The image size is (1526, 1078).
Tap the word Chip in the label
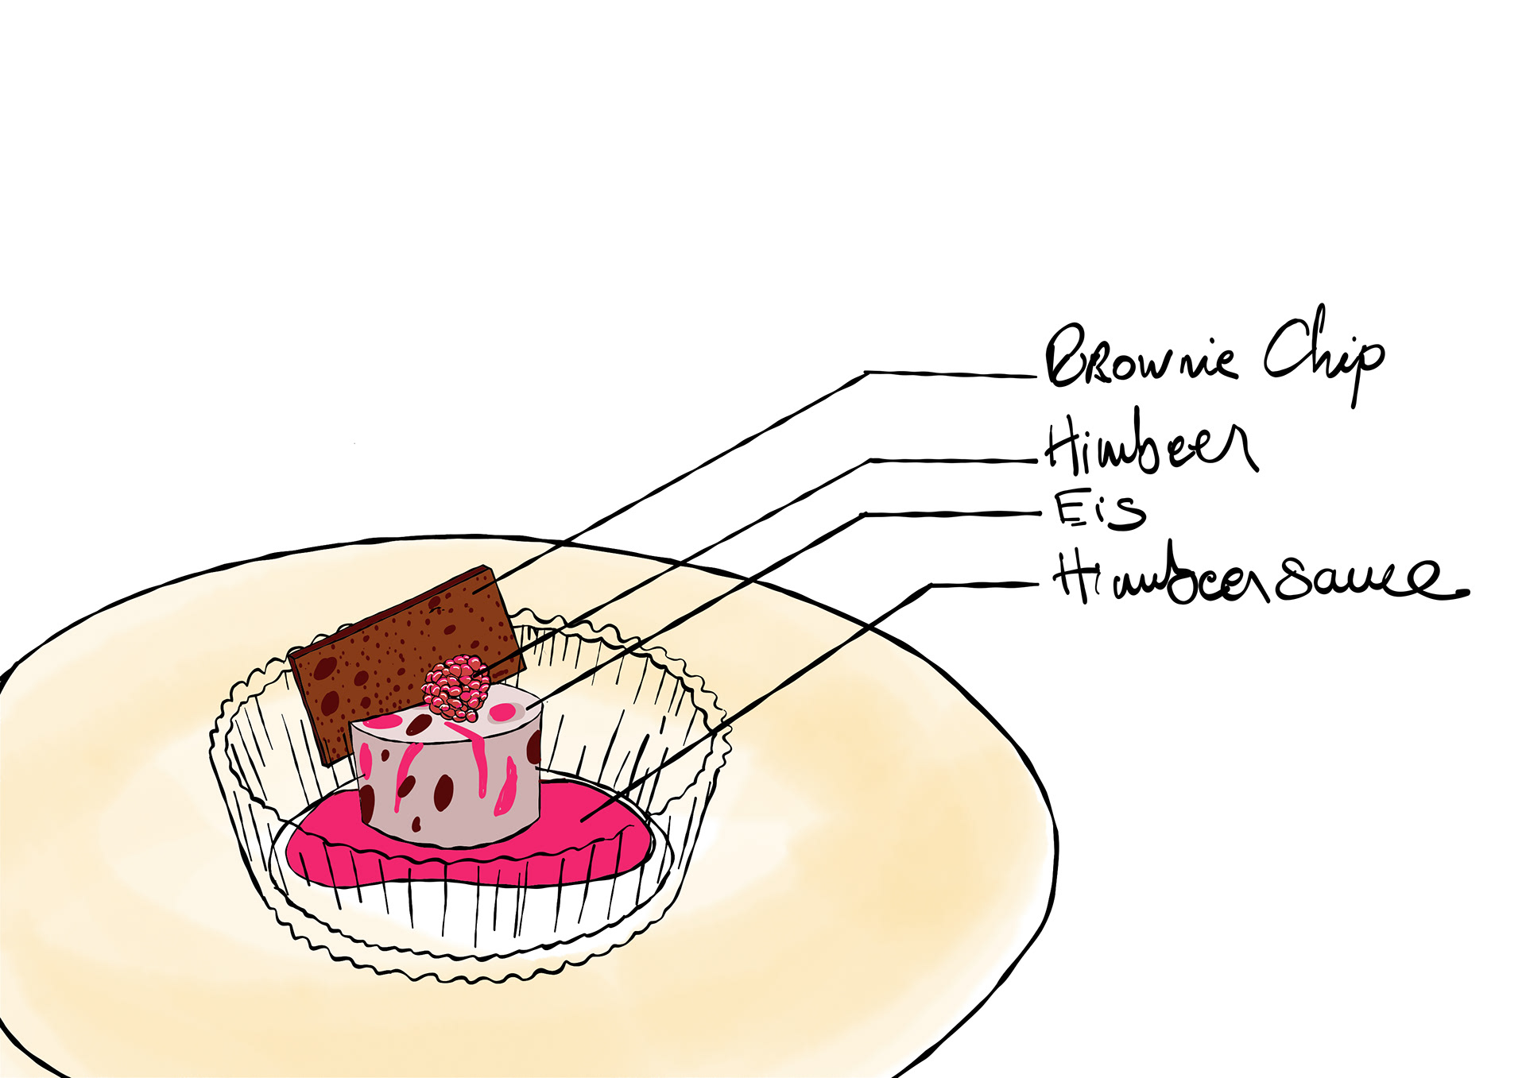click(x=1323, y=354)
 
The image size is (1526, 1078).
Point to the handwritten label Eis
click(x=1100, y=510)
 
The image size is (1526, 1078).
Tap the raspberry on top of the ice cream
click(x=455, y=687)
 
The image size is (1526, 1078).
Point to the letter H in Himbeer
click(x=1061, y=445)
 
